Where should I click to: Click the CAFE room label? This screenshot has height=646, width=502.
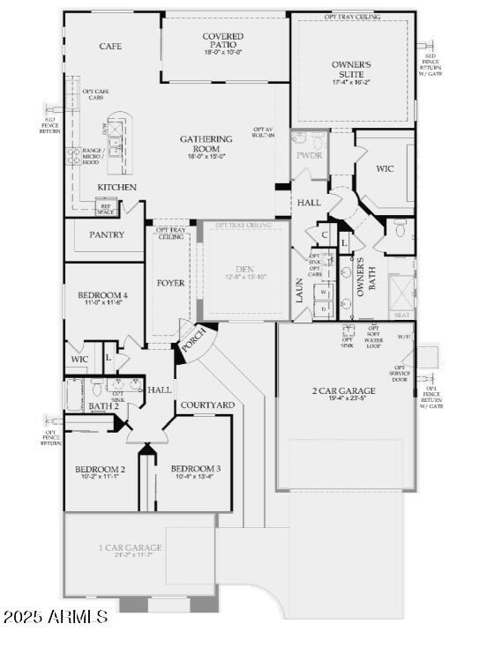click(x=110, y=46)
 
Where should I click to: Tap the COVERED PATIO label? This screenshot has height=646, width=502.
click(x=223, y=37)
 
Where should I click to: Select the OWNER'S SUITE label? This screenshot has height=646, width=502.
click(x=351, y=64)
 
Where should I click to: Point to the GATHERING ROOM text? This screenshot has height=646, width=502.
click(x=206, y=139)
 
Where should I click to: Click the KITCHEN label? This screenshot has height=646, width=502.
click(x=116, y=188)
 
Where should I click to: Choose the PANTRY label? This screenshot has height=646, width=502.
click(x=107, y=234)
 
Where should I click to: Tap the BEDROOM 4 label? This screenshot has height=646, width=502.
click(x=101, y=295)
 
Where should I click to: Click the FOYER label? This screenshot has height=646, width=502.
click(x=170, y=283)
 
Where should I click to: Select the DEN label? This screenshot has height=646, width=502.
click(x=244, y=270)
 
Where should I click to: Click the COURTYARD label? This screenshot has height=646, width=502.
click(x=207, y=405)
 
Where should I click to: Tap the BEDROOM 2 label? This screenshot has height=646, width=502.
click(x=99, y=469)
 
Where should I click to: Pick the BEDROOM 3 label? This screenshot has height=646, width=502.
click(x=195, y=469)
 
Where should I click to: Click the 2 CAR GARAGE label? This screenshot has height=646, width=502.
click(x=343, y=390)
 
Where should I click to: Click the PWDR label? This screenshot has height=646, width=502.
click(x=309, y=156)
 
